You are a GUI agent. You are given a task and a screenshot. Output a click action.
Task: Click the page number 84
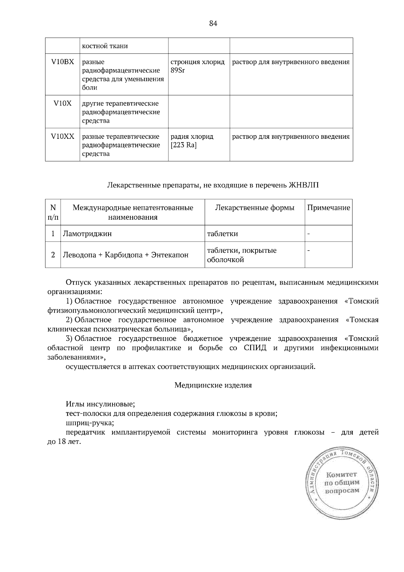tap(213, 23)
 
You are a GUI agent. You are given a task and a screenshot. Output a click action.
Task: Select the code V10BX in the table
tap(62, 62)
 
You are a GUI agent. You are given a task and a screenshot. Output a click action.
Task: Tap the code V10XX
tap(62, 136)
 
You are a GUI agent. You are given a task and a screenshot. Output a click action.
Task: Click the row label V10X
tap(62, 103)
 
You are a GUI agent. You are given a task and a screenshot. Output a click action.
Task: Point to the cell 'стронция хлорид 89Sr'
tap(198, 66)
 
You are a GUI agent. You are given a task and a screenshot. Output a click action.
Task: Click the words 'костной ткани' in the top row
tap(105, 46)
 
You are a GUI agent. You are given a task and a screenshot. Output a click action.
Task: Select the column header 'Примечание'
tap(329, 208)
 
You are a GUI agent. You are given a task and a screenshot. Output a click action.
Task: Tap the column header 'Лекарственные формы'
tap(255, 208)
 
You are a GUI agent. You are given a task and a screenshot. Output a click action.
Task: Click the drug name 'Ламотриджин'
tap(87, 233)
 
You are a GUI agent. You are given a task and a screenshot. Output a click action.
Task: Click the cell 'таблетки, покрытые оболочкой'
tap(242, 255)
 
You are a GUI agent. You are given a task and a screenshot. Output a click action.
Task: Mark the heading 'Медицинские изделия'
tap(213, 385)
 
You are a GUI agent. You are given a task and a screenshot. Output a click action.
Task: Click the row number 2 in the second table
tap(53, 255)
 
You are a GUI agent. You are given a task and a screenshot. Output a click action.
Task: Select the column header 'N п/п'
tap(53, 212)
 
